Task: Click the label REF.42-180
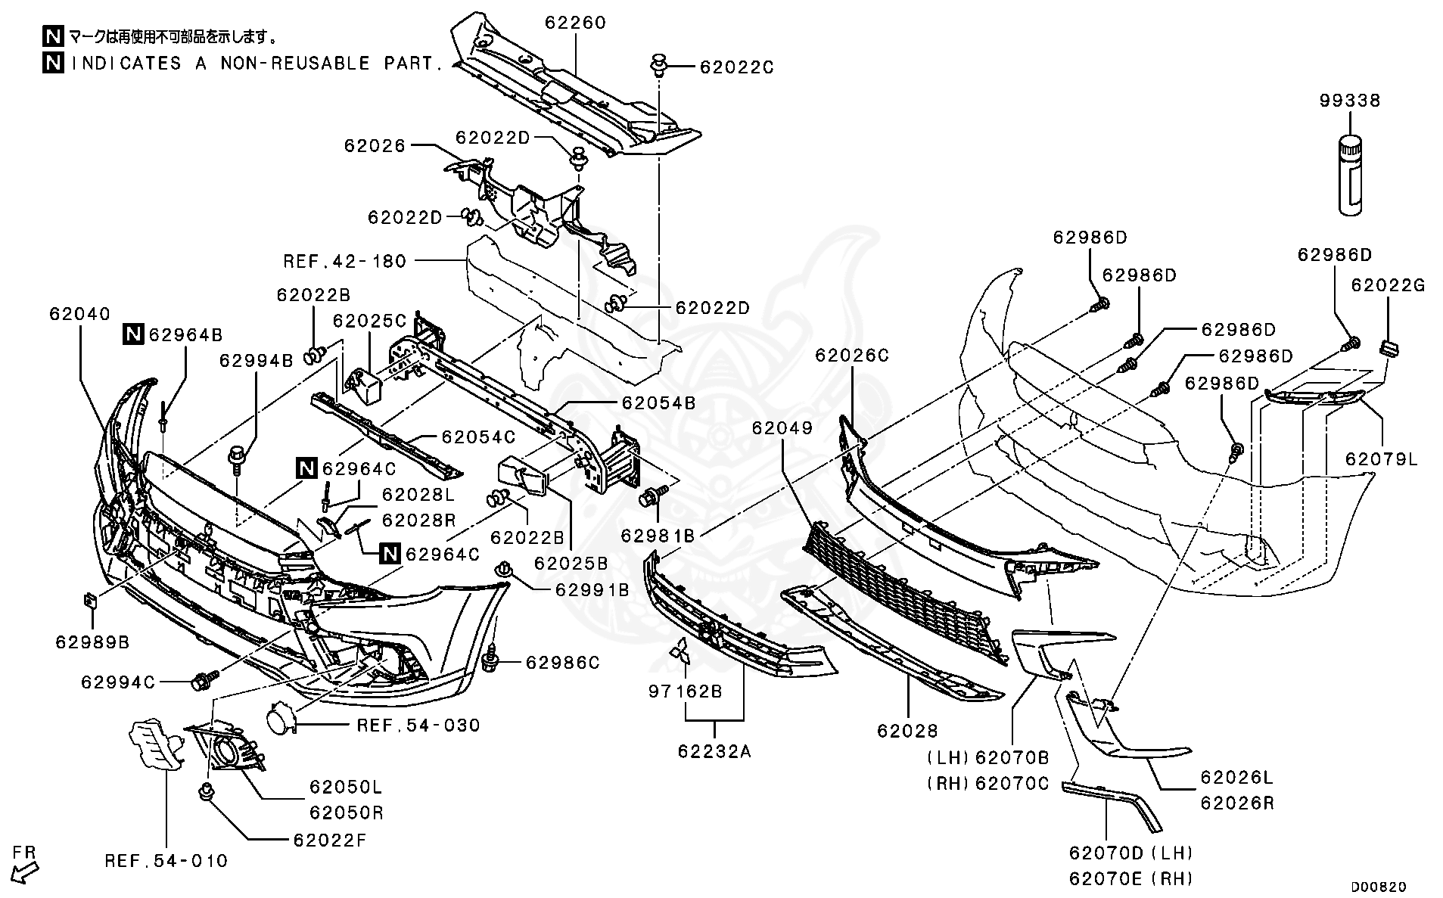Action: (345, 261)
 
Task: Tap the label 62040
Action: (80, 313)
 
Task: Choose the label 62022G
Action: (1388, 286)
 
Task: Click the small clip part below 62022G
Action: (1388, 348)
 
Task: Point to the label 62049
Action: (782, 428)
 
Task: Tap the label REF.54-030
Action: (418, 726)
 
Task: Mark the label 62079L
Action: (1382, 459)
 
